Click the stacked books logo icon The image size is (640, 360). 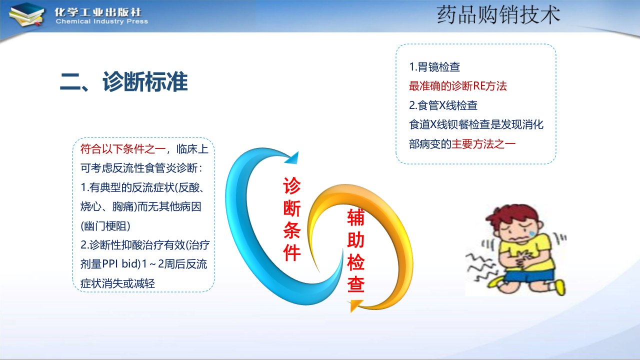point(26,15)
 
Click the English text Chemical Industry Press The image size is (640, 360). point(101,21)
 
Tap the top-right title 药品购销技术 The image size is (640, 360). point(498,15)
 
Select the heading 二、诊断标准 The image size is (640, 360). point(123,81)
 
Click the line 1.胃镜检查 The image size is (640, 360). point(434,67)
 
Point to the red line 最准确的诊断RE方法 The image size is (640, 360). point(457,86)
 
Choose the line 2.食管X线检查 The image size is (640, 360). point(443,105)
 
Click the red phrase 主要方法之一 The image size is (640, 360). point(483,144)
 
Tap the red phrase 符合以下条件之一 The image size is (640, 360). point(123,149)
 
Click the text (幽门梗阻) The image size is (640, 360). point(105,226)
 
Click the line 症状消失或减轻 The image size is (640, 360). point(117,283)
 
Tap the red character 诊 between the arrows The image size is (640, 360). point(291,185)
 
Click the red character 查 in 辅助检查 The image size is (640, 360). point(355,284)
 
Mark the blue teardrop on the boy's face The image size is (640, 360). point(532,233)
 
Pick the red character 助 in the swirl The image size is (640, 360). point(355,240)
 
